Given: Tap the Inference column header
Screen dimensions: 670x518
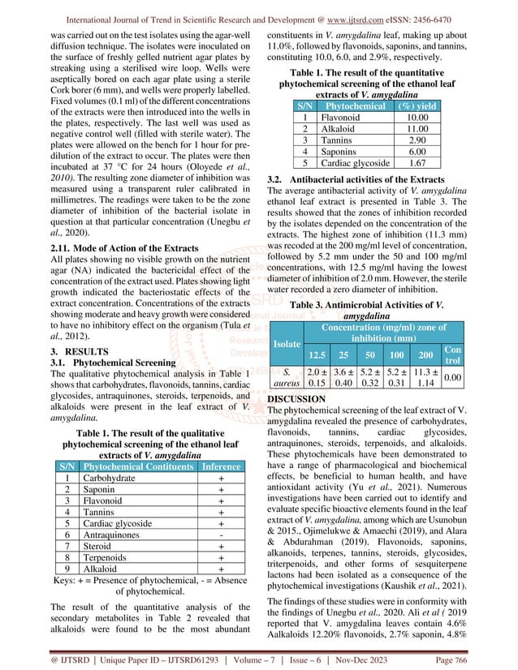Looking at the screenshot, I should pos(221,467).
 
